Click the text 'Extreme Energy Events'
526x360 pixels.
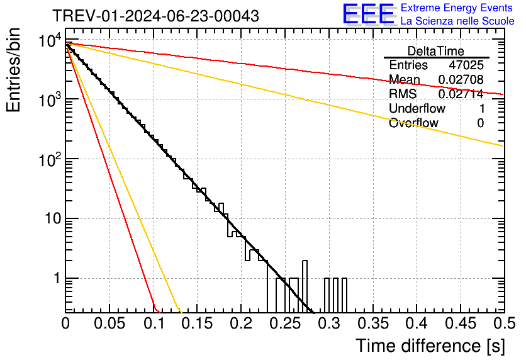point(457,8)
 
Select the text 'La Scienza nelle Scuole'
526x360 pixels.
point(457,21)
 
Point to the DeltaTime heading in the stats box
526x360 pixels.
point(436,51)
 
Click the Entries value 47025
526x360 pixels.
point(466,65)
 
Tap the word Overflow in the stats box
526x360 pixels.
point(413,123)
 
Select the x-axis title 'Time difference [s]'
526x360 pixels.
point(429,346)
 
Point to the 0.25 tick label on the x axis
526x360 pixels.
point(284,323)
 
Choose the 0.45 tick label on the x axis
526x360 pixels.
point(460,323)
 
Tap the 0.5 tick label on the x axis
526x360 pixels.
point(503,323)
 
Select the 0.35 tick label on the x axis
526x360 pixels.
point(372,323)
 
